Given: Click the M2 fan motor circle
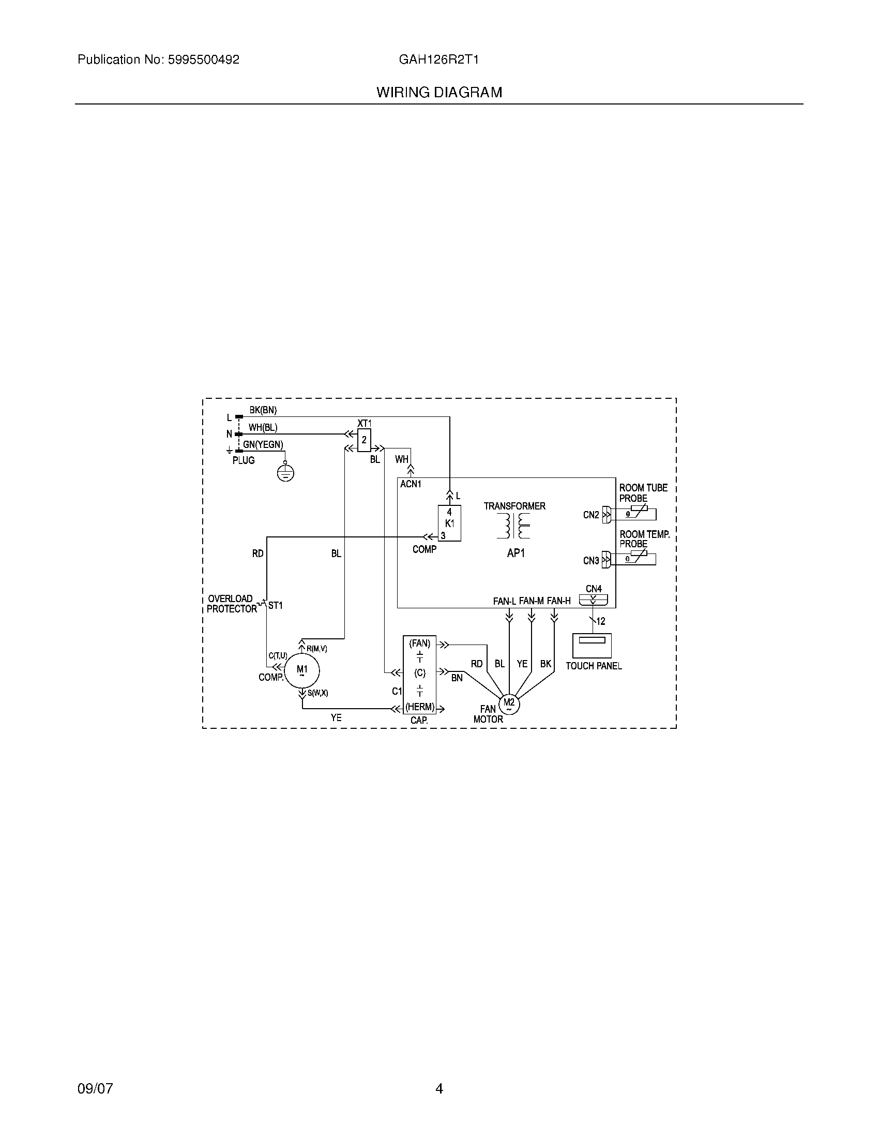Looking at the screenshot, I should (509, 704).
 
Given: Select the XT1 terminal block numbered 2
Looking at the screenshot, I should (364, 440).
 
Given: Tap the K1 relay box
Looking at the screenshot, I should (449, 523).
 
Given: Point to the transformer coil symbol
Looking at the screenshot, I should (513, 526).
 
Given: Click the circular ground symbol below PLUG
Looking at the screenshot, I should (285, 473).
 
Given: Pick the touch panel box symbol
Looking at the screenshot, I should (592, 646).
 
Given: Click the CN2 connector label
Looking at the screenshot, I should (591, 515).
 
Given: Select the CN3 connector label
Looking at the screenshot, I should (591, 561).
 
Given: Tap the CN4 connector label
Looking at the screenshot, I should (594, 589).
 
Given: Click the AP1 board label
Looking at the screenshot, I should (516, 553).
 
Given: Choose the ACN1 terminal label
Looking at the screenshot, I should (411, 484).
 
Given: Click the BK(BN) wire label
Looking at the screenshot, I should (263, 410).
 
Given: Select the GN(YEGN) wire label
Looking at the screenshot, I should (264, 444).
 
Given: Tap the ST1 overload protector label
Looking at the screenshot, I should (276, 606).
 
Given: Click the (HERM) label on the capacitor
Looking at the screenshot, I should (420, 708).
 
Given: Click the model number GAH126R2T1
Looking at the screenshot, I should (438, 60).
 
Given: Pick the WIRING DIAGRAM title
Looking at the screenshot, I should (439, 93).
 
